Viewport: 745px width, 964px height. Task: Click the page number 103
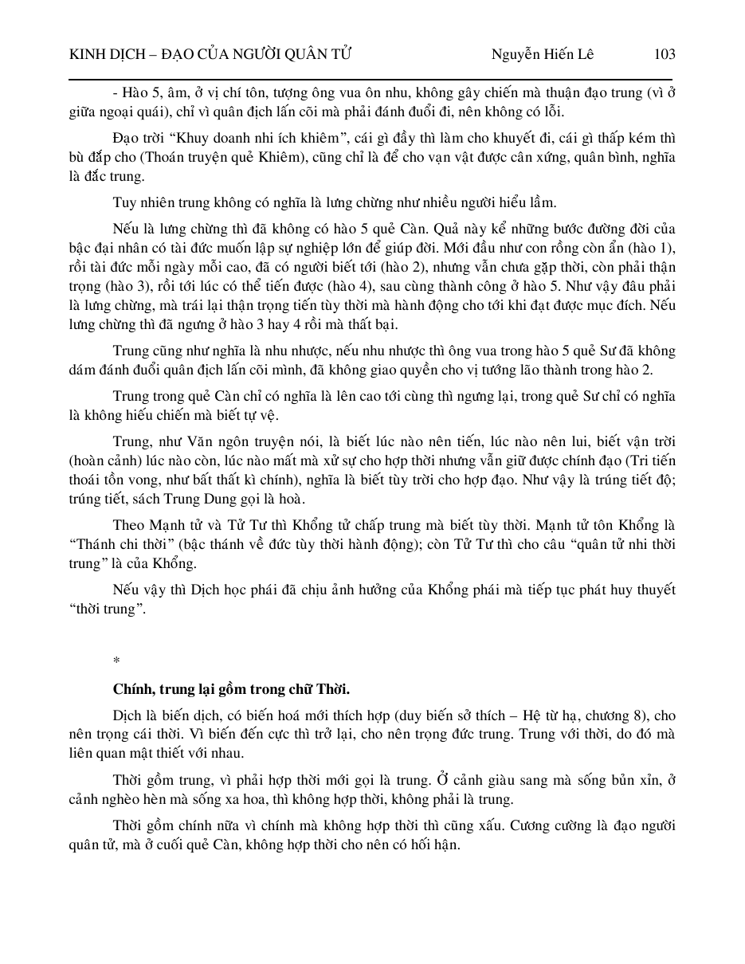click(x=664, y=54)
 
